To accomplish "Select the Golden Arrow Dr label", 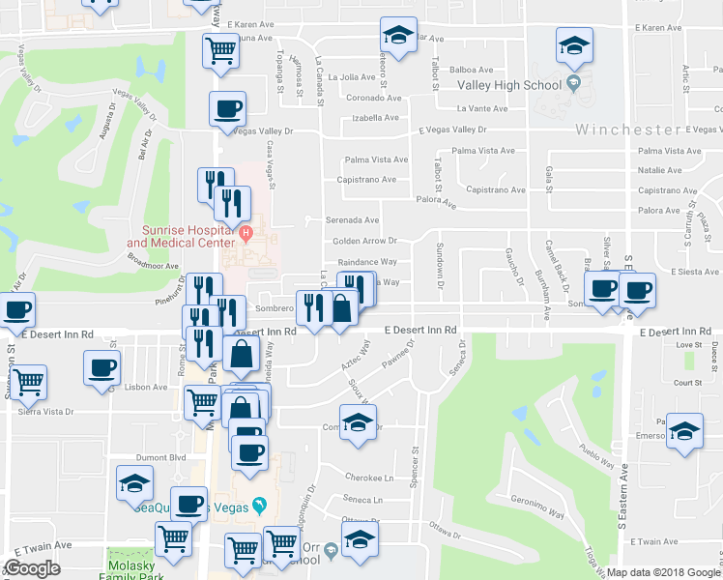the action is click(365, 241).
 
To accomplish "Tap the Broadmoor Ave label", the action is click(153, 265).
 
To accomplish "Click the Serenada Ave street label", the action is click(351, 220).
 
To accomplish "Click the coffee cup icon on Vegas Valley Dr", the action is click(227, 109).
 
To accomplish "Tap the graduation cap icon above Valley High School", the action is click(573, 44).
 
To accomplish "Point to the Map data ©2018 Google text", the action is click(663, 572).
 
